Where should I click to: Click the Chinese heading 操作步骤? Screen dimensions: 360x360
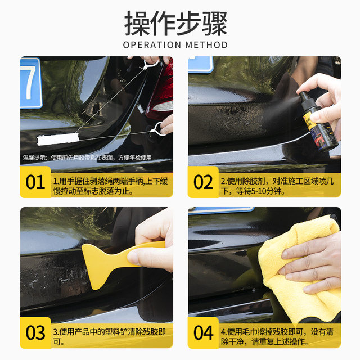175,23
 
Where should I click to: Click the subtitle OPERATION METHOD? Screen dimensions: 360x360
175,45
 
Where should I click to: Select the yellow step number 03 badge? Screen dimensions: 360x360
35,332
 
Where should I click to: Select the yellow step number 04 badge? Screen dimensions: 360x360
203,332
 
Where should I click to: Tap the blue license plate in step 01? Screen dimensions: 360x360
30,82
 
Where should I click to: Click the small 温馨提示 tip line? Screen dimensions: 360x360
87,157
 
